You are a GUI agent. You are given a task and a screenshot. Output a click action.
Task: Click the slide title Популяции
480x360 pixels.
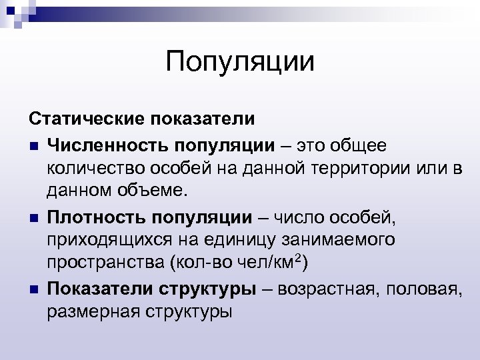click(x=240, y=63)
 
